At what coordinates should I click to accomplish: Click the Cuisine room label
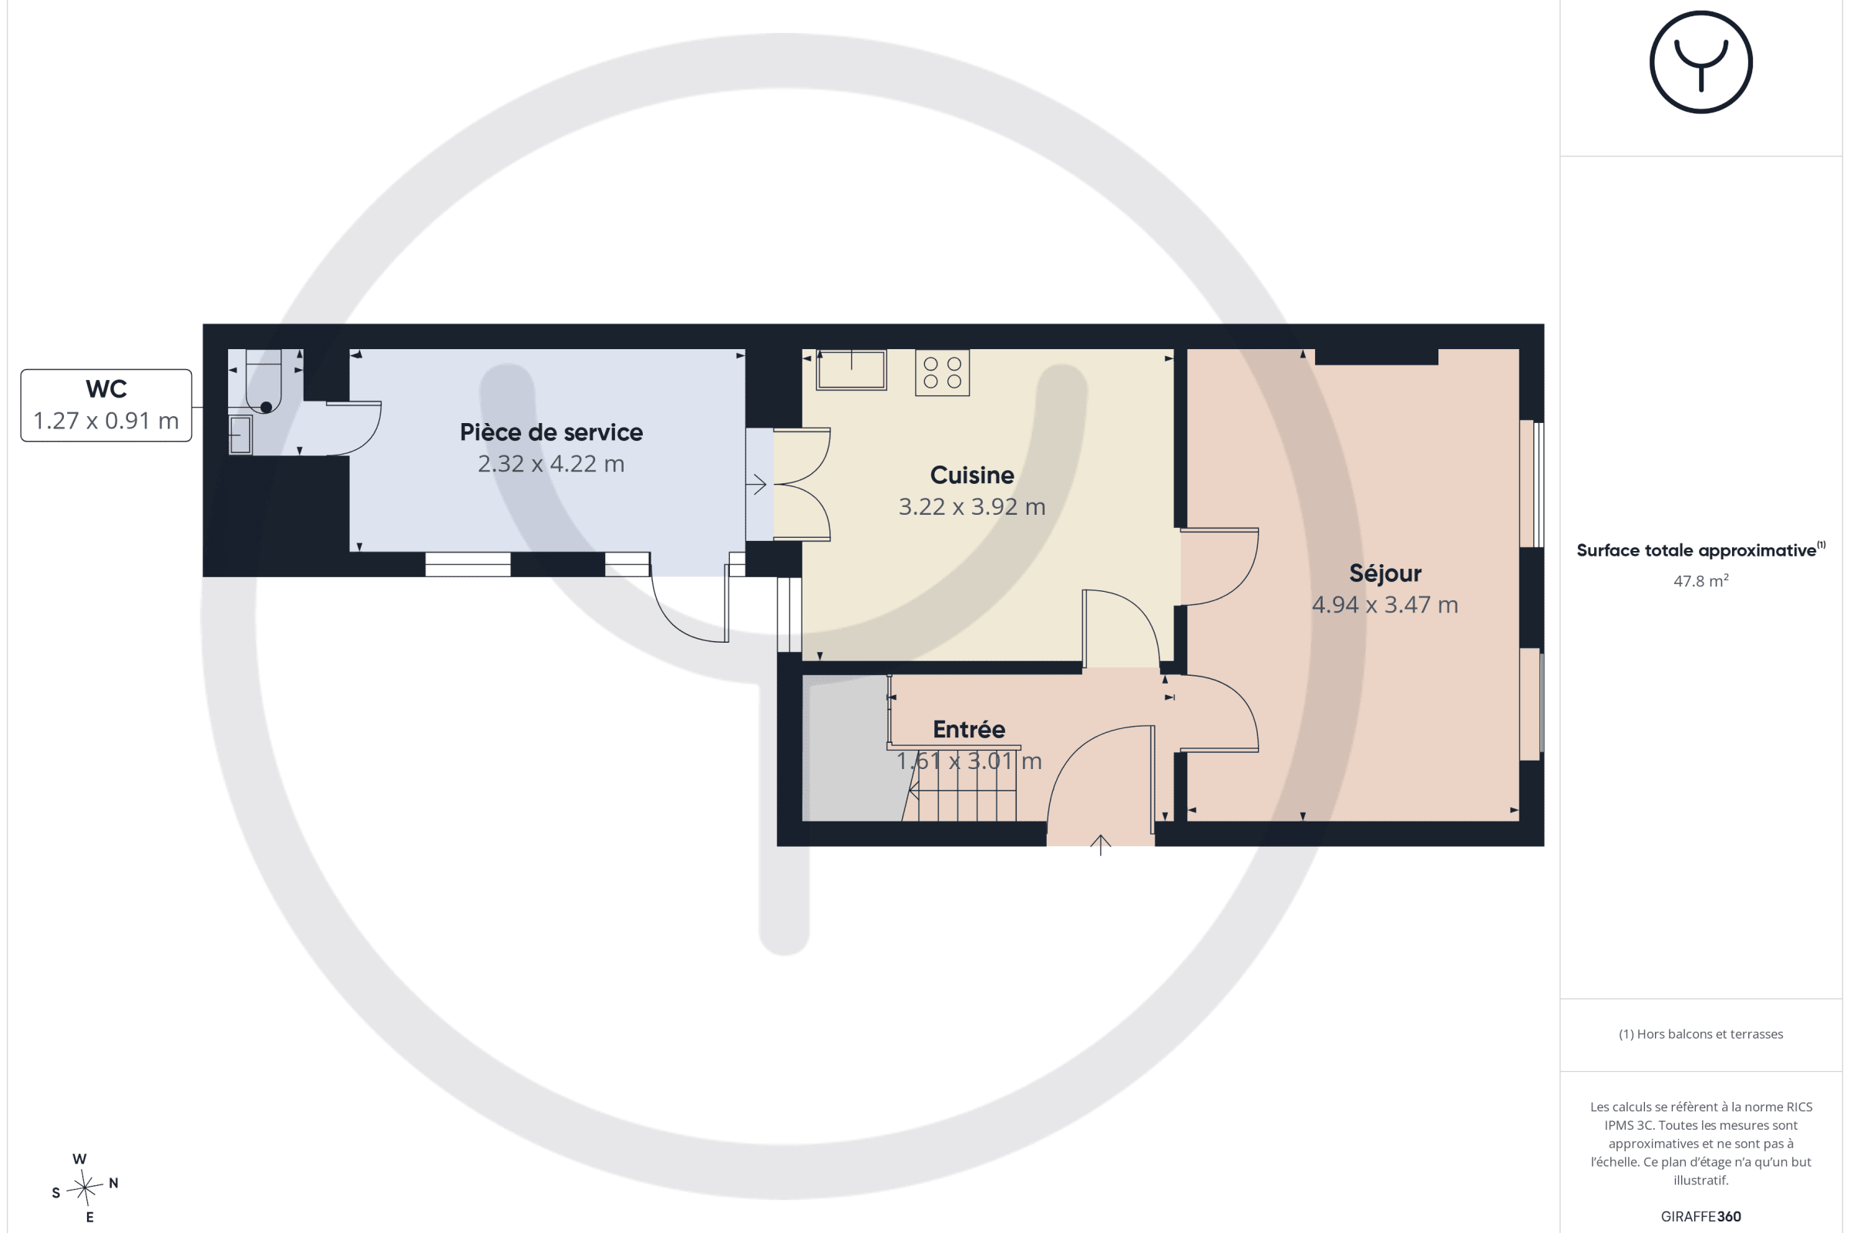pyautogui.click(x=971, y=475)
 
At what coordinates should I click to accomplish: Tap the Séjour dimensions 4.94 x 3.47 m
pyautogui.click(x=1384, y=605)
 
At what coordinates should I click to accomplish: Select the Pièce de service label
pyautogui.click(x=550, y=432)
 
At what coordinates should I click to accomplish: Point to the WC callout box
pyautogui.click(x=106, y=405)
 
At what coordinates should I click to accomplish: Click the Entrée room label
pyautogui.click(x=968, y=729)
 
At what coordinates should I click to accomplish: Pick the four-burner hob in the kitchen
pyautogui.click(x=941, y=373)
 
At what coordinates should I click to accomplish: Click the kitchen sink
pyautogui.click(x=851, y=371)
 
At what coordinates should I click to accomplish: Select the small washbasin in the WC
pyautogui.click(x=240, y=435)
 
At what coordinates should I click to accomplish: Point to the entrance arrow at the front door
pyautogui.click(x=1100, y=845)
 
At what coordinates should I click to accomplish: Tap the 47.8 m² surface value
pyautogui.click(x=1700, y=580)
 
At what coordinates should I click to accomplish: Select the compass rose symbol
pyautogui.click(x=84, y=1188)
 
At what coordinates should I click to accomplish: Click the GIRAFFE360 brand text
pyautogui.click(x=1700, y=1217)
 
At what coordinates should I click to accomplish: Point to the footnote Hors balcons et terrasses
pyautogui.click(x=1700, y=1034)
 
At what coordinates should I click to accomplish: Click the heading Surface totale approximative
pyautogui.click(x=1696, y=550)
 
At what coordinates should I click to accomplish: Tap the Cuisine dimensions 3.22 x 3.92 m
pyautogui.click(x=971, y=506)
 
